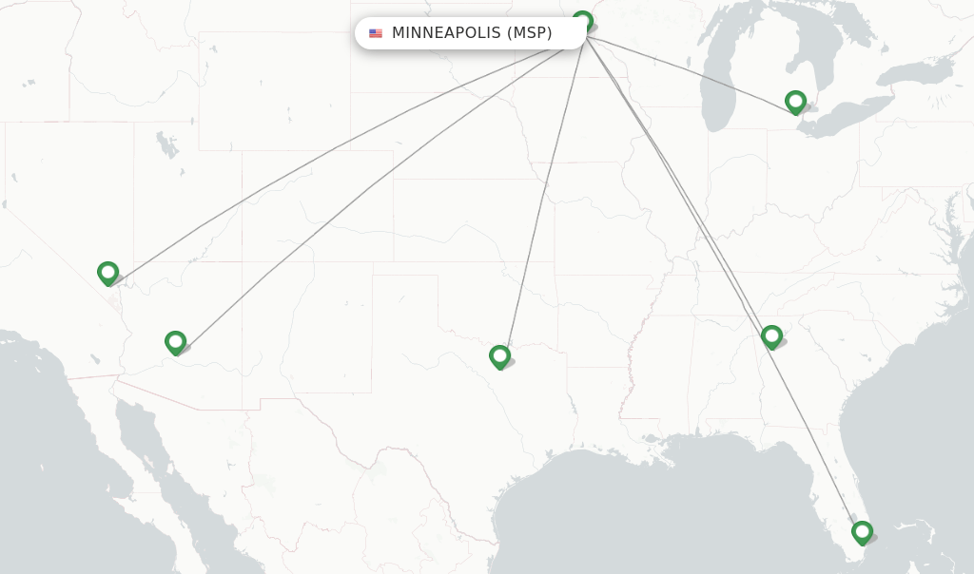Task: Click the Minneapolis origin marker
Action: pyautogui.click(x=583, y=20)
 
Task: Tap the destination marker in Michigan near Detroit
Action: pyautogui.click(x=795, y=101)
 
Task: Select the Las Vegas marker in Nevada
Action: pyautogui.click(x=108, y=273)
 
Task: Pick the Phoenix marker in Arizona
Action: pyautogui.click(x=175, y=341)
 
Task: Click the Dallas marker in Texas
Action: pyautogui.click(x=499, y=356)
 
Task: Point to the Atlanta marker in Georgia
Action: pyautogui.click(x=771, y=335)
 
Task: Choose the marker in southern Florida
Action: pyautogui.click(x=862, y=531)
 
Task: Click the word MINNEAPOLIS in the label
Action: pyautogui.click(x=446, y=33)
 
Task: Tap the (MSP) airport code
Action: pyautogui.click(x=529, y=33)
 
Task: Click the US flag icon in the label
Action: pyautogui.click(x=376, y=33)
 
